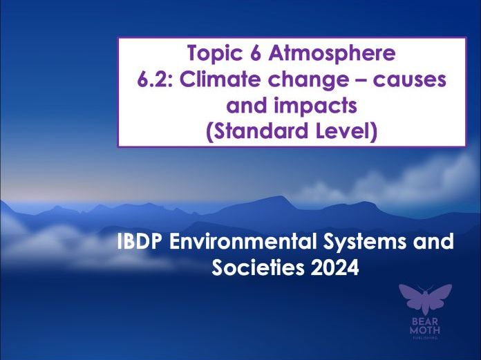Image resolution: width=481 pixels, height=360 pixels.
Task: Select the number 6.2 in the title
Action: click(x=153, y=79)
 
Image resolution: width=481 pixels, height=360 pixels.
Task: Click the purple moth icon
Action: click(x=426, y=300)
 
